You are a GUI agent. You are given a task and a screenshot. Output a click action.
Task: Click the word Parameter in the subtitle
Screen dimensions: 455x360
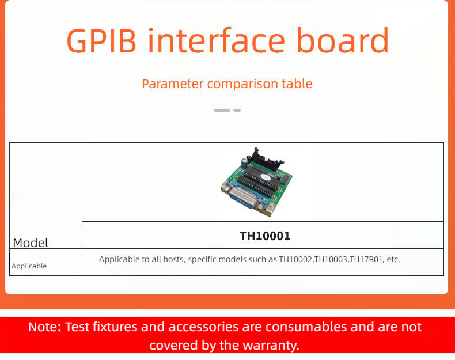(173, 84)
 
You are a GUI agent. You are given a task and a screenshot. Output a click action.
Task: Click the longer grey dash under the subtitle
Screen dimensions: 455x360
(222, 110)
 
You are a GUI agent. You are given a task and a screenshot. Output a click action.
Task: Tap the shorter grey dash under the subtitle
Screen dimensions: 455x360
(237, 110)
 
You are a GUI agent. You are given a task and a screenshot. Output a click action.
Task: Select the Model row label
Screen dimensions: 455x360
(31, 243)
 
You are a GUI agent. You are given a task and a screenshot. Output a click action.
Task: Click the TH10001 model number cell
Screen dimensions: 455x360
(265, 236)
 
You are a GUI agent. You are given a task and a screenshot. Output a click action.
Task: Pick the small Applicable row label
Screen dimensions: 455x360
(29, 266)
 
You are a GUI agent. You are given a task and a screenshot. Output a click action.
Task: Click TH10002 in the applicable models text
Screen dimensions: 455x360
(295, 259)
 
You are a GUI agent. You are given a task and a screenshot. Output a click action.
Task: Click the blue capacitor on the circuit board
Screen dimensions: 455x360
(245, 162)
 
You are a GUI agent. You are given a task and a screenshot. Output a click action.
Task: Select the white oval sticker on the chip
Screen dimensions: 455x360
(265, 177)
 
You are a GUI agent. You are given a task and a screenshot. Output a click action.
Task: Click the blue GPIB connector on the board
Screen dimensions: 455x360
(243, 198)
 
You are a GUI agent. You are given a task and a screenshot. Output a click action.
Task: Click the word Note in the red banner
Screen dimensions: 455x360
(45, 327)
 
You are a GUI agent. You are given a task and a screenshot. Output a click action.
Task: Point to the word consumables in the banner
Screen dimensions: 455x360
(306, 327)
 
